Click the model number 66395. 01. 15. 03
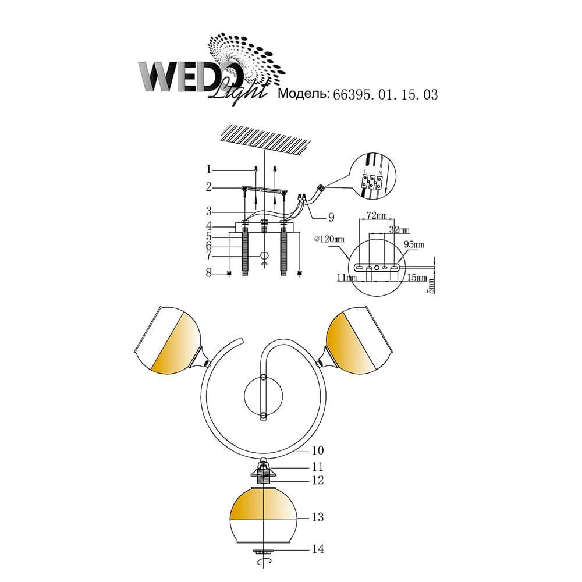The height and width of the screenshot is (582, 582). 385,95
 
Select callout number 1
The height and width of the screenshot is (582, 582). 208,169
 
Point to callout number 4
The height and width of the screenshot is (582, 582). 209,226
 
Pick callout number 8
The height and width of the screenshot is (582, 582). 209,273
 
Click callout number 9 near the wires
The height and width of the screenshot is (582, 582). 331,217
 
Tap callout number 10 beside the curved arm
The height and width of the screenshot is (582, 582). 318,450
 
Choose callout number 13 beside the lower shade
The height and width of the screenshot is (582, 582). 318,517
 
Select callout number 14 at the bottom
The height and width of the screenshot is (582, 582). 318,549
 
